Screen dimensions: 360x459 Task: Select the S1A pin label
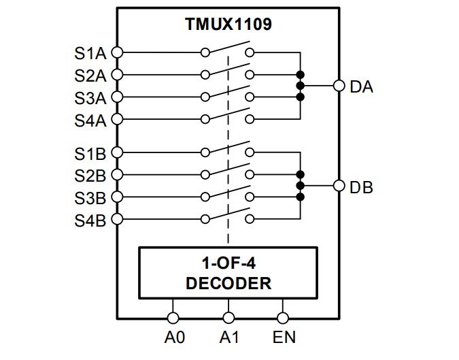(x=90, y=52)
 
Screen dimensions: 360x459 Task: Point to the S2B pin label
(x=90, y=176)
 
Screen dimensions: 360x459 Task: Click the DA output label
(x=361, y=86)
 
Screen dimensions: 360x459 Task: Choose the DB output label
(x=361, y=186)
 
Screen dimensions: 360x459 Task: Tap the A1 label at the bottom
(x=228, y=337)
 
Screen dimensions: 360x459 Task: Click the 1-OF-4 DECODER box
(x=228, y=273)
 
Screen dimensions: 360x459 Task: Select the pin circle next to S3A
(x=117, y=97)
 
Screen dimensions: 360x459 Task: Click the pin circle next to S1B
(x=117, y=152)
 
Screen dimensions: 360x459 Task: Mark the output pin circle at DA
(x=339, y=86)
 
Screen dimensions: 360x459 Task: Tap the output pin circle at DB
(x=339, y=186)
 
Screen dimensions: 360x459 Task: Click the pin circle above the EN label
(x=283, y=317)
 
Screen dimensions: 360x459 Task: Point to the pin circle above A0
(x=173, y=317)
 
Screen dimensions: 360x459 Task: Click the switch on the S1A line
(x=228, y=49)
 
